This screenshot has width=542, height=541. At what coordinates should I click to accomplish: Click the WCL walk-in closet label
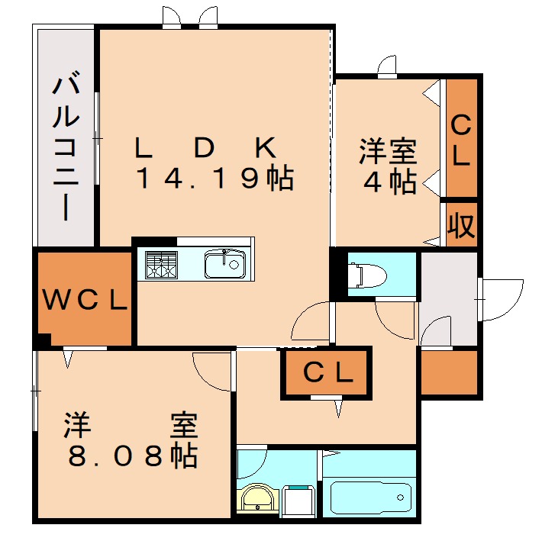(x=84, y=300)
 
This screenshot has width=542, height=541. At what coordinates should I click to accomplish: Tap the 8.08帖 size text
(x=133, y=456)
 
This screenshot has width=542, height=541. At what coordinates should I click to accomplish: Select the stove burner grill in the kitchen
(x=161, y=266)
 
